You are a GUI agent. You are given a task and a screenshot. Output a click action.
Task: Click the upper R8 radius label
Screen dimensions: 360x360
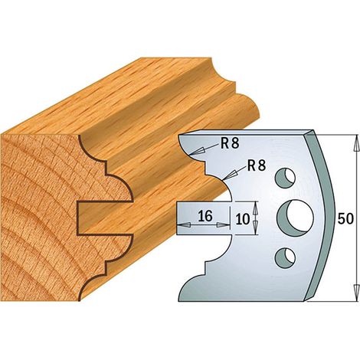(230, 144)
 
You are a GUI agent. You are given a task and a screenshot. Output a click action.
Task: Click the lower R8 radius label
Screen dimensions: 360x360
(257, 165)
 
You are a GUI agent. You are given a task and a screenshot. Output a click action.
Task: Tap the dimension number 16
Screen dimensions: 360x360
(205, 216)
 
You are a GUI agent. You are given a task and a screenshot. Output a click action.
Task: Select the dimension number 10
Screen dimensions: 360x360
(242, 219)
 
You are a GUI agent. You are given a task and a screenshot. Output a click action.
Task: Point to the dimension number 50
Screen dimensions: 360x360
(345, 218)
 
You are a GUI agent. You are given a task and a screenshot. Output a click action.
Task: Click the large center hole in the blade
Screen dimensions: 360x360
(295, 218)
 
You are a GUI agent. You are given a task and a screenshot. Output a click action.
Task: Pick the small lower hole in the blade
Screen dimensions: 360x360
(286, 258)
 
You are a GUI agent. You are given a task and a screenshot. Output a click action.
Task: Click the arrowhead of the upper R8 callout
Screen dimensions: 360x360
(197, 152)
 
